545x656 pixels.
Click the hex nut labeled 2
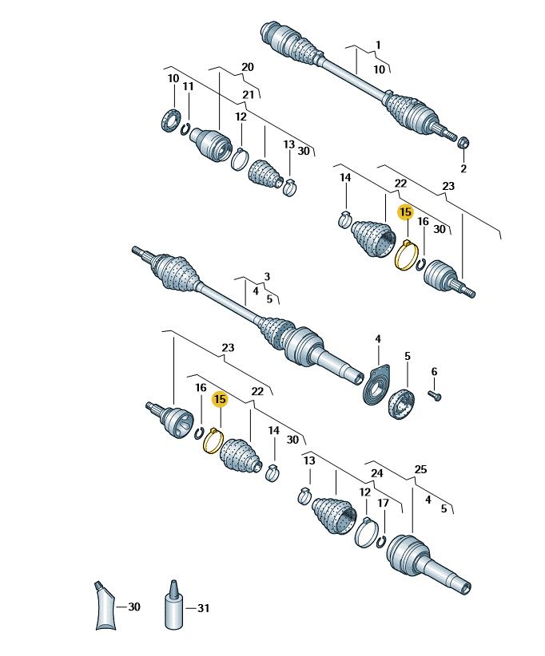tap(463, 143)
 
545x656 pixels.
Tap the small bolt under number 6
tap(435, 394)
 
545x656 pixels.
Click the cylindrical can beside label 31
tap(173, 605)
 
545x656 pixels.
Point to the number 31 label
tap(203, 608)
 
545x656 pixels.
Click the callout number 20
tap(247, 67)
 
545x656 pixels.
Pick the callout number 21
tap(249, 94)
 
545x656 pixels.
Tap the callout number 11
tap(189, 86)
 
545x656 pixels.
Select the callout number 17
tap(383, 503)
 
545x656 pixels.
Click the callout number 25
tap(420, 469)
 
